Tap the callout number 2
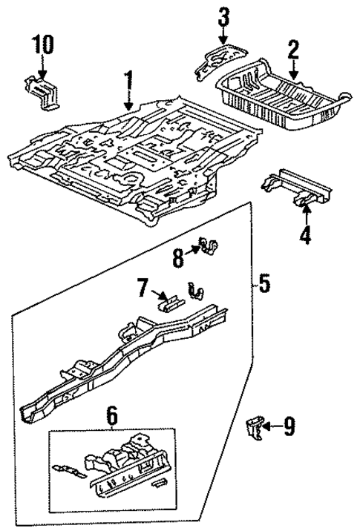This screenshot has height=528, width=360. [293, 50]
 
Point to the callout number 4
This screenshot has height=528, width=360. [305, 237]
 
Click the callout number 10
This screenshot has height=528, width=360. [42, 44]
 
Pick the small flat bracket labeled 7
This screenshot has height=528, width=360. [169, 300]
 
